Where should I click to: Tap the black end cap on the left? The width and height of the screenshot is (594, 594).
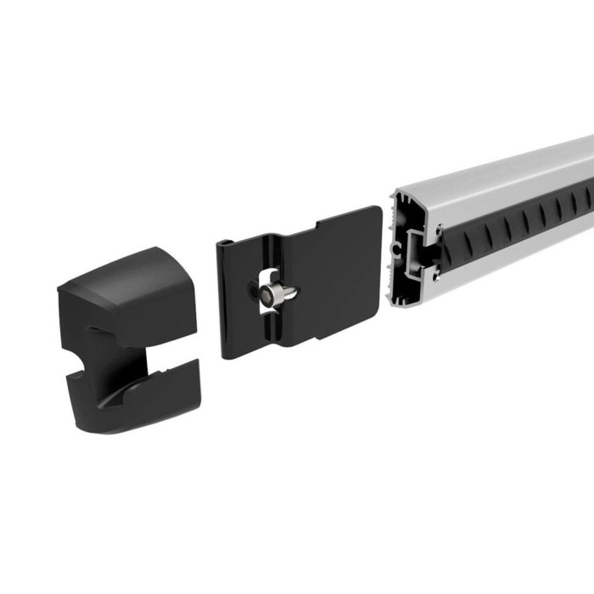127,339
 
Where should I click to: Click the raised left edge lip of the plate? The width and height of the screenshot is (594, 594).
224,297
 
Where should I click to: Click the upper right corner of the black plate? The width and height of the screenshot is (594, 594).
373,211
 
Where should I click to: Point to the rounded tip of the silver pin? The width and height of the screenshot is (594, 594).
292,293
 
